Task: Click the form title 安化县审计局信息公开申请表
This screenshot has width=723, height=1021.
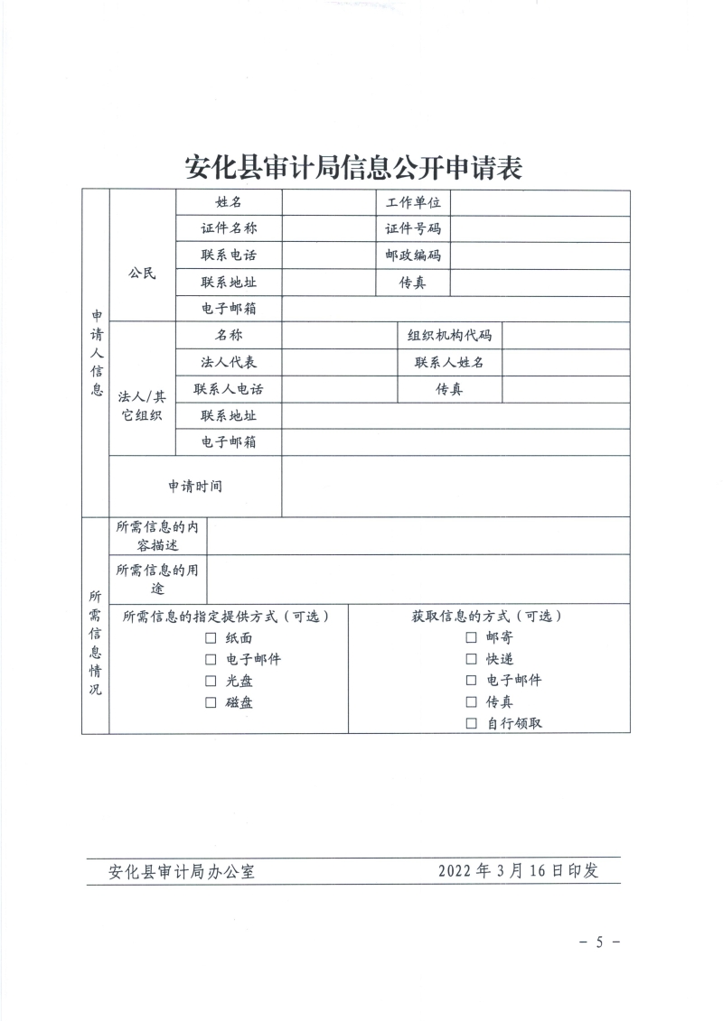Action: click(x=354, y=167)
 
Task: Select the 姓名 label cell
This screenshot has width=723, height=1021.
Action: click(x=229, y=203)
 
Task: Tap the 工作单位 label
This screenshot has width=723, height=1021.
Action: click(x=413, y=203)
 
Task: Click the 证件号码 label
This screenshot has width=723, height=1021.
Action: click(x=413, y=229)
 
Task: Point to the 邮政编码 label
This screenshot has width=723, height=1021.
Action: click(x=413, y=255)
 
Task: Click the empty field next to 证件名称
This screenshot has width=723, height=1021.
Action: click(x=328, y=229)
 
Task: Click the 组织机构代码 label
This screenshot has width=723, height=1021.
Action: click(x=450, y=336)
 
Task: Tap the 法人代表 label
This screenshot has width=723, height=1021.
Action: click(x=229, y=362)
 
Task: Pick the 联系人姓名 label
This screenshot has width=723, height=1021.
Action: click(x=450, y=362)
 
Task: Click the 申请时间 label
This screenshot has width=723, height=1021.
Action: click(x=195, y=486)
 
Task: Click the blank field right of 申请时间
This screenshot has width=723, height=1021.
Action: click(x=455, y=486)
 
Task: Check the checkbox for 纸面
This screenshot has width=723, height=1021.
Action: click(x=211, y=637)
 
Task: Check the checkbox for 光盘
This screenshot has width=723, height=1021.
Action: click(x=211, y=681)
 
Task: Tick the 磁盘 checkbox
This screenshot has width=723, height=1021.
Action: click(x=211, y=702)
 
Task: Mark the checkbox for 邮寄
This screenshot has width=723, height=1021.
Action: click(x=471, y=637)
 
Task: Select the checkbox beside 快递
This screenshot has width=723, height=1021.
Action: click(x=471, y=659)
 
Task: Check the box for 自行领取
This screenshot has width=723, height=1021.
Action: click(x=471, y=723)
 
